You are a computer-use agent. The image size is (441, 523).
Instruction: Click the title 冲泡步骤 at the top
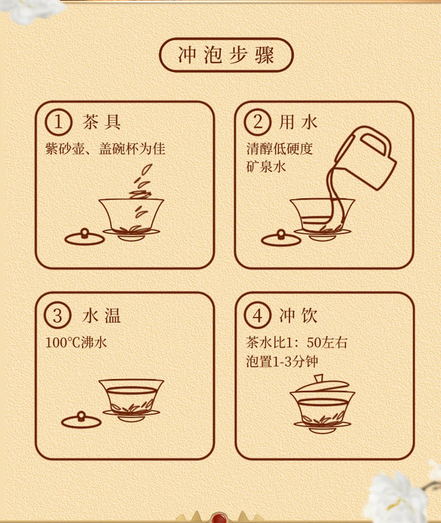pyautogui.click(x=226, y=55)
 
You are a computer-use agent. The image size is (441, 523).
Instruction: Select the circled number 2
pyautogui.click(x=257, y=122)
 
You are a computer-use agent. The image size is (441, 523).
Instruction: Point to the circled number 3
pyautogui.click(x=57, y=315)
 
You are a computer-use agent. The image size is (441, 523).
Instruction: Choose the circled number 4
pyautogui.click(x=257, y=315)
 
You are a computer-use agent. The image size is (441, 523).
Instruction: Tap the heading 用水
pyautogui.click(x=298, y=122)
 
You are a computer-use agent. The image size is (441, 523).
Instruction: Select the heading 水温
pyautogui.click(x=102, y=316)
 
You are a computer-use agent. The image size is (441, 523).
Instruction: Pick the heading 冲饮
pyautogui.click(x=298, y=316)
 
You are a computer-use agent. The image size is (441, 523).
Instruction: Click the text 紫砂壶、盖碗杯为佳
pyautogui.click(x=105, y=148)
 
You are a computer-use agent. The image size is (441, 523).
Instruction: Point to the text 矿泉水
pyautogui.click(x=266, y=167)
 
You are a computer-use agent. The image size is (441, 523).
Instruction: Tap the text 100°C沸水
pyautogui.click(x=76, y=342)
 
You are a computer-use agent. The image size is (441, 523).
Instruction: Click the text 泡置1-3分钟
pyautogui.click(x=282, y=361)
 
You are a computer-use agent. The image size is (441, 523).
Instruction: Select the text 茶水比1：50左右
pyautogui.click(x=297, y=342)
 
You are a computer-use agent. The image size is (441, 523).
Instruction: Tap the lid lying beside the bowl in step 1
pyautogui.click(x=84, y=237)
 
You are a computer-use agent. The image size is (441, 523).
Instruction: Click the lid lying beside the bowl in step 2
pyautogui.click(x=281, y=238)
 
